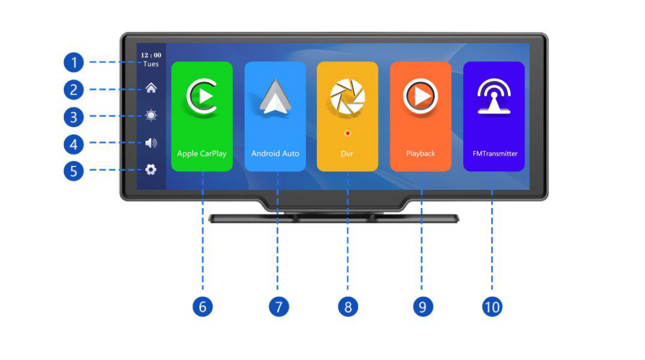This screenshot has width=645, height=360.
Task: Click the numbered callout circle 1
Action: coord(74,63)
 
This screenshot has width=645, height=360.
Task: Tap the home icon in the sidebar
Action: coord(151,88)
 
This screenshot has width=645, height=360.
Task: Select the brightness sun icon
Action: coord(151,115)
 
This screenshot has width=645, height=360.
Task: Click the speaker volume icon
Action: coord(151,143)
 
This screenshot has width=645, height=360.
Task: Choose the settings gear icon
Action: coord(151,170)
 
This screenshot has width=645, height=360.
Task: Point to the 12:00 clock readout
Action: coord(151,55)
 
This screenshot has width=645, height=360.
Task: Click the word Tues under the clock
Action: coord(151,65)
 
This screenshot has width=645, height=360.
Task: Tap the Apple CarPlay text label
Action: coord(202,154)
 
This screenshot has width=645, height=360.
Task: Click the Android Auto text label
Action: coord(275,154)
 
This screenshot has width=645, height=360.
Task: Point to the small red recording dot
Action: coord(347,133)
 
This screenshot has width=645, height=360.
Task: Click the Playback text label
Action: coord(420,154)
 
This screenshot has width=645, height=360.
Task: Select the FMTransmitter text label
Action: coord(494,154)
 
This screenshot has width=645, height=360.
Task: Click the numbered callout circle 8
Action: coord(348,306)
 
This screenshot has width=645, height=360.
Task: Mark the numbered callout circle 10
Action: coord(492,306)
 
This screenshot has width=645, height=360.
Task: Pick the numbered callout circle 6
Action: coord(202,306)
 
